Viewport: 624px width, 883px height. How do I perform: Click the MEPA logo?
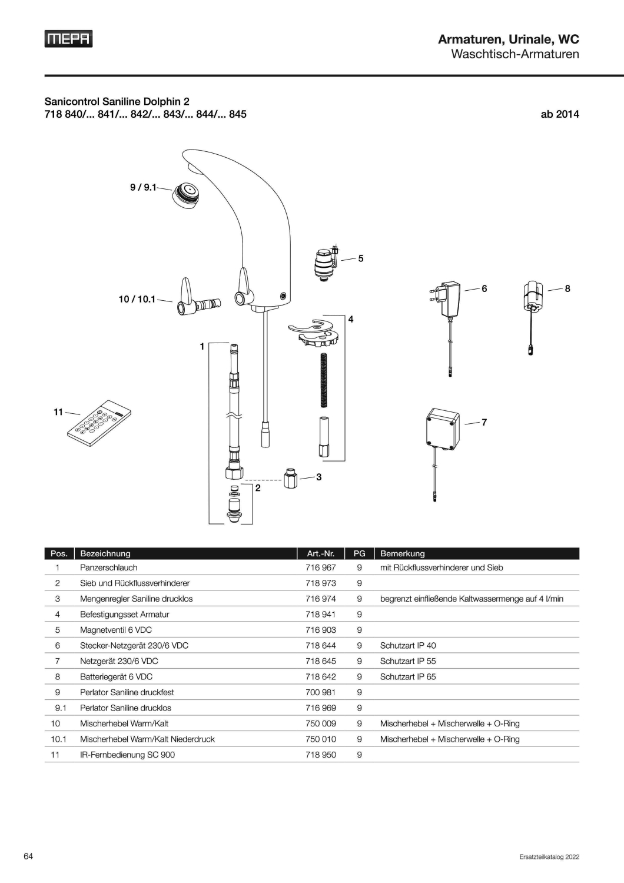coord(68,39)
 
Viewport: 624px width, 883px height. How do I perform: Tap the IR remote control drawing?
coord(99,423)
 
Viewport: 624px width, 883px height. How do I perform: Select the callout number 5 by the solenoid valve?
coord(361,258)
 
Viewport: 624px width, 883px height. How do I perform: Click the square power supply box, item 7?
coord(443,429)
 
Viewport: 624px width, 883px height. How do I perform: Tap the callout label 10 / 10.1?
coord(137,299)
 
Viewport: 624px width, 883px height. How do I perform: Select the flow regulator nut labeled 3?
coord(291,478)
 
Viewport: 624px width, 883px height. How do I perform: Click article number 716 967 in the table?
coord(320,567)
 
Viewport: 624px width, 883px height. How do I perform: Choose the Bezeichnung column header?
coord(105,553)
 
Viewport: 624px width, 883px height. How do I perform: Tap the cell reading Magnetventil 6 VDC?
coord(116,630)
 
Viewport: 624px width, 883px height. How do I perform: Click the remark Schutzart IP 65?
coord(408,677)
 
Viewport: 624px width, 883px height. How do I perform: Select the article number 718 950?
coord(320,755)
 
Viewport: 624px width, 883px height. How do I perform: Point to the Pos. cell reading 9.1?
coord(60,708)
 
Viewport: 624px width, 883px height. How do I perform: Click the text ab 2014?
coord(560,114)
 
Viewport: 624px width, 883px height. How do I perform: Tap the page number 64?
coord(28,856)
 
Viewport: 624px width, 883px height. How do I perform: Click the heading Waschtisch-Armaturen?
coord(515,54)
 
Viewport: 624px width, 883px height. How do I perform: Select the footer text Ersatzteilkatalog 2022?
coord(549,857)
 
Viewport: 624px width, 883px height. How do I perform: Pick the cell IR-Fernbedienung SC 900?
coord(127,755)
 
